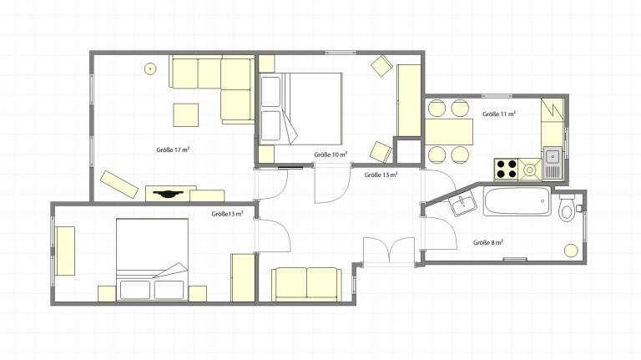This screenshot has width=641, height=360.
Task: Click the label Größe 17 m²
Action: pyautogui.click(x=173, y=150)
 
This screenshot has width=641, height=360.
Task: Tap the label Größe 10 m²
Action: pyautogui.click(x=331, y=155)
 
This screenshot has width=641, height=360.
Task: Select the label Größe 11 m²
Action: pyautogui.click(x=499, y=114)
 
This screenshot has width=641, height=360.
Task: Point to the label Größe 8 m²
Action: pyautogui.click(x=488, y=242)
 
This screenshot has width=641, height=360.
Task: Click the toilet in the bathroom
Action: pyautogui.click(x=567, y=208)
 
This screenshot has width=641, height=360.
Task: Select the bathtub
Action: pyautogui.click(x=517, y=200)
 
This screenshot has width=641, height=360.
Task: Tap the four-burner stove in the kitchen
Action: pyautogui.click(x=506, y=169)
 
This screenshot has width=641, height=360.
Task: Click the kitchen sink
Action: pyautogui.click(x=553, y=164)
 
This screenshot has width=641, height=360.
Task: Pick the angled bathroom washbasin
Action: pyautogui.click(x=464, y=204)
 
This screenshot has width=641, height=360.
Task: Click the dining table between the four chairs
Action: pyautogui.click(x=449, y=132)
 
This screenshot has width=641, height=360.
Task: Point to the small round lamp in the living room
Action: pyautogui.click(x=150, y=68)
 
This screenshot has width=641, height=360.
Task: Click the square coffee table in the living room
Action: pyautogui.click(x=185, y=115)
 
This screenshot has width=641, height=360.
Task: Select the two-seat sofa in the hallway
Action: pyautogui.click(x=306, y=284)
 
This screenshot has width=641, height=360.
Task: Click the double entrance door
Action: pyautogui.click(x=389, y=251)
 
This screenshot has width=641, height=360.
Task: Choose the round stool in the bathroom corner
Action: pyautogui.click(x=571, y=251)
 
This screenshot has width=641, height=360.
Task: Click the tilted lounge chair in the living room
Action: pyautogui.click(x=119, y=185)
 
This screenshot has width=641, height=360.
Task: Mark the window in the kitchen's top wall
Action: pyautogui.click(x=497, y=96)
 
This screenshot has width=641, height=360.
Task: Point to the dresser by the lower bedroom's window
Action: pyautogui.click(x=65, y=251)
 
